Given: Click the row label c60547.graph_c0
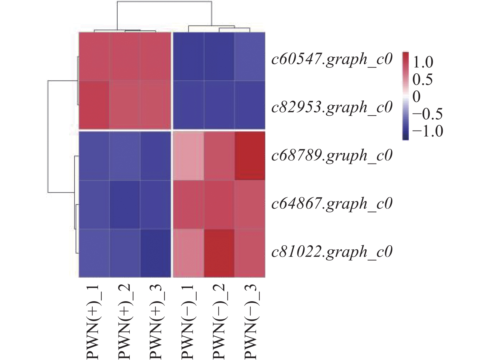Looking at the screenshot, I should click(332, 59).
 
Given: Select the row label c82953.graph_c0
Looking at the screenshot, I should click(332, 107).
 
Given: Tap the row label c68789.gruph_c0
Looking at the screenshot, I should click(332, 155).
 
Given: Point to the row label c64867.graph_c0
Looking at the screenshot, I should click(332, 204).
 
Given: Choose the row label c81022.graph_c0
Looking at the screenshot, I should click(332, 252).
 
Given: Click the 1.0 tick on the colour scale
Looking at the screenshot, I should click(423, 63).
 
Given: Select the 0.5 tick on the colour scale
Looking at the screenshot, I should click(423, 80).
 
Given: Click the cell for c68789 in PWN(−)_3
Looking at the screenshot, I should click(250, 156).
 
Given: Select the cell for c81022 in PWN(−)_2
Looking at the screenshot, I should click(219, 253).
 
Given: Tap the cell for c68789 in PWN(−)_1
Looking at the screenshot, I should click(188, 156).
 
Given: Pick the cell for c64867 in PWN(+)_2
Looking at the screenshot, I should click(125, 205).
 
